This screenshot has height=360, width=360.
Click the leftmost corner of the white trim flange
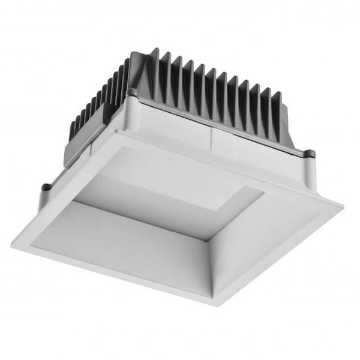(x=13, y=243)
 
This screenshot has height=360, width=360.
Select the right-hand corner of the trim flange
(x=341, y=204)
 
